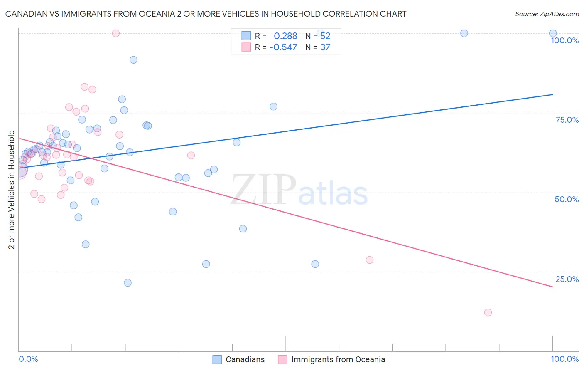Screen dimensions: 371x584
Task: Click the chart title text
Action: point(206,14)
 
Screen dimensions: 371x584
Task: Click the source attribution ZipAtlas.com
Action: point(547,14)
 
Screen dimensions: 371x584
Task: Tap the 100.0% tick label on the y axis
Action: point(564,40)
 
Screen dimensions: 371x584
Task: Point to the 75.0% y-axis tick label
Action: point(567,120)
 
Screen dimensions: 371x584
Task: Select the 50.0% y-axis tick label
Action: point(567,199)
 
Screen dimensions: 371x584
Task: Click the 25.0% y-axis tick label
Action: point(567,279)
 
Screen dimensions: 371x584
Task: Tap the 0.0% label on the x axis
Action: point(28,359)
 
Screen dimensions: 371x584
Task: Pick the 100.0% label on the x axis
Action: point(564,359)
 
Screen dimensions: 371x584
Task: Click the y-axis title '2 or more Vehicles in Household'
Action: point(12,190)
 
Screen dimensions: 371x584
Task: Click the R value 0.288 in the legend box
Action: point(285,36)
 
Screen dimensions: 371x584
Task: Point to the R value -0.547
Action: point(283,47)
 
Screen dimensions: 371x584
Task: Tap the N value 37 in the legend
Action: point(325,47)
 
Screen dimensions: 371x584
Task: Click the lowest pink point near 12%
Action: point(488,312)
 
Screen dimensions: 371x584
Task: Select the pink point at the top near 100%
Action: point(116,33)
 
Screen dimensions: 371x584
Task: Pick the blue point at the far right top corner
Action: point(553,33)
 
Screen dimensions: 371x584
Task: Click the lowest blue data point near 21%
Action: point(128,283)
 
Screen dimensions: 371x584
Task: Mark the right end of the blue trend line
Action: point(553,94)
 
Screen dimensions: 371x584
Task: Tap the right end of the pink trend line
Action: point(553,287)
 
